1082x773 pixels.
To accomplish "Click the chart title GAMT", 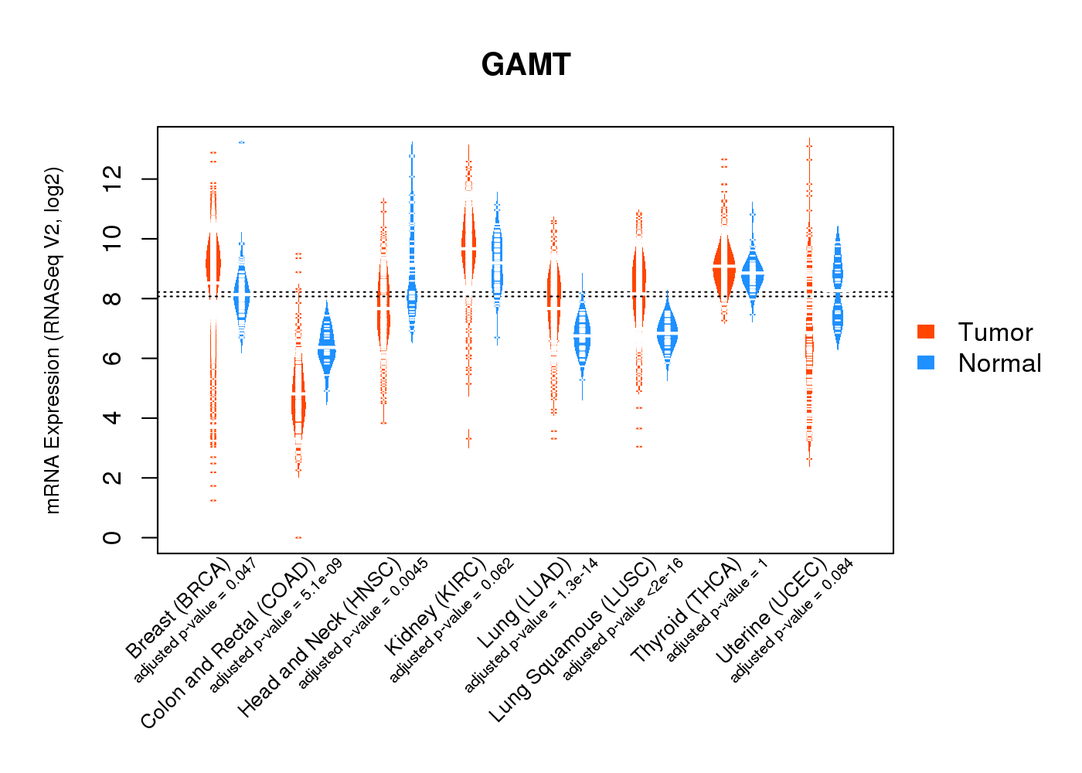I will coord(526,65).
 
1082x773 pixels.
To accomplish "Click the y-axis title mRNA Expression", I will coord(53,340).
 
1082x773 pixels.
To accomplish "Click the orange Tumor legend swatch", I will coord(926,332).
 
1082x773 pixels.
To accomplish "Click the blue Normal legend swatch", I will coord(926,363).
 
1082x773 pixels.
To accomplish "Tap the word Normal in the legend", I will coord(999,363).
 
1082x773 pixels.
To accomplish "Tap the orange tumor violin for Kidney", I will coord(468,247).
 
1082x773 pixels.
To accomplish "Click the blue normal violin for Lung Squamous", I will coord(667,332).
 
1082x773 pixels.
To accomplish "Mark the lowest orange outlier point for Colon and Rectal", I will coord(298,537).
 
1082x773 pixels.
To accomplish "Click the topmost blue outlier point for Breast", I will coord(242,142).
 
